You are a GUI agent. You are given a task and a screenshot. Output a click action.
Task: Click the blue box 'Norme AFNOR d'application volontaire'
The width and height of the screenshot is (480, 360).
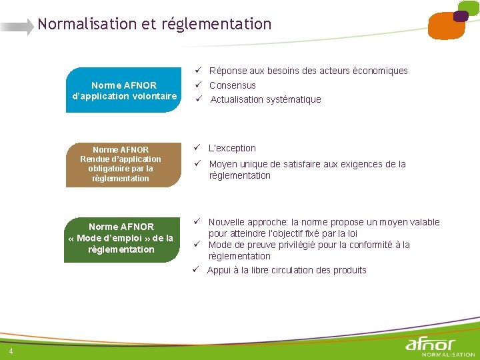click(124, 90)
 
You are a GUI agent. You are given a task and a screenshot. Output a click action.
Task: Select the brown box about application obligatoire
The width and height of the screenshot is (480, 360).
click(120, 164)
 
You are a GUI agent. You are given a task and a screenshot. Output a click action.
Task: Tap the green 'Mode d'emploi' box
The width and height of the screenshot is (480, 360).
click(121, 238)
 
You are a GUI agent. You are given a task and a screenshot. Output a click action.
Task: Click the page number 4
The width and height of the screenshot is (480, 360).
click(11, 351)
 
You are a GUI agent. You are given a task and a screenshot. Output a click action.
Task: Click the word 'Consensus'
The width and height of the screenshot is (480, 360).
click(232, 85)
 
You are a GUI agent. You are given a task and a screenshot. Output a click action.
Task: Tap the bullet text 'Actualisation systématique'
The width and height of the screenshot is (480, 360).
click(265, 99)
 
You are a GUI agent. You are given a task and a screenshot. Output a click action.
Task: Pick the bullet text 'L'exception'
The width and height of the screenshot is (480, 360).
click(232, 148)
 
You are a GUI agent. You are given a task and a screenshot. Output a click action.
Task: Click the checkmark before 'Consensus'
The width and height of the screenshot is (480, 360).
click(198, 85)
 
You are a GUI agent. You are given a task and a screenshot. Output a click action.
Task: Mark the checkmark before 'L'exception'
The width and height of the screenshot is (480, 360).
click(198, 148)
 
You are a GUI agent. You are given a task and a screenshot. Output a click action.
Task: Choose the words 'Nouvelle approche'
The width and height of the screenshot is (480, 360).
click(245, 222)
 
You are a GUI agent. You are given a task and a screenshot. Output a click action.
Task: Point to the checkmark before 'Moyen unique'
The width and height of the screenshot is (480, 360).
click(198, 164)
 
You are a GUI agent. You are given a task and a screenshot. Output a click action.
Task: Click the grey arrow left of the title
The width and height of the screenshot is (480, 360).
click(17, 27)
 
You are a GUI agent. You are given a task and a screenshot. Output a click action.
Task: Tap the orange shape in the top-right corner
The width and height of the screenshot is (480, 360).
click(445, 25)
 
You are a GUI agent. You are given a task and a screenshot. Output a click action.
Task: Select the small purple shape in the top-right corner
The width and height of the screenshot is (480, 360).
click(461, 16)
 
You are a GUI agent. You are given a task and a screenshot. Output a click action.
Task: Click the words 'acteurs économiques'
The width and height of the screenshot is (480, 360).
click(373, 71)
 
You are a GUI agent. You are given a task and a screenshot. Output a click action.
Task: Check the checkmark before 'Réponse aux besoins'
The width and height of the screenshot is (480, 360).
click(198, 71)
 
